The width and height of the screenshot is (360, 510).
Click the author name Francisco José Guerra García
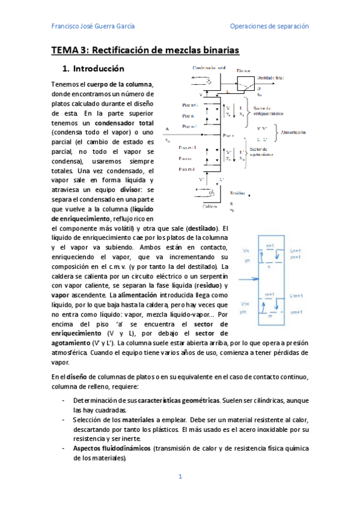pos(93,26)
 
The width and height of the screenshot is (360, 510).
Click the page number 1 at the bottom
pos(180,477)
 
